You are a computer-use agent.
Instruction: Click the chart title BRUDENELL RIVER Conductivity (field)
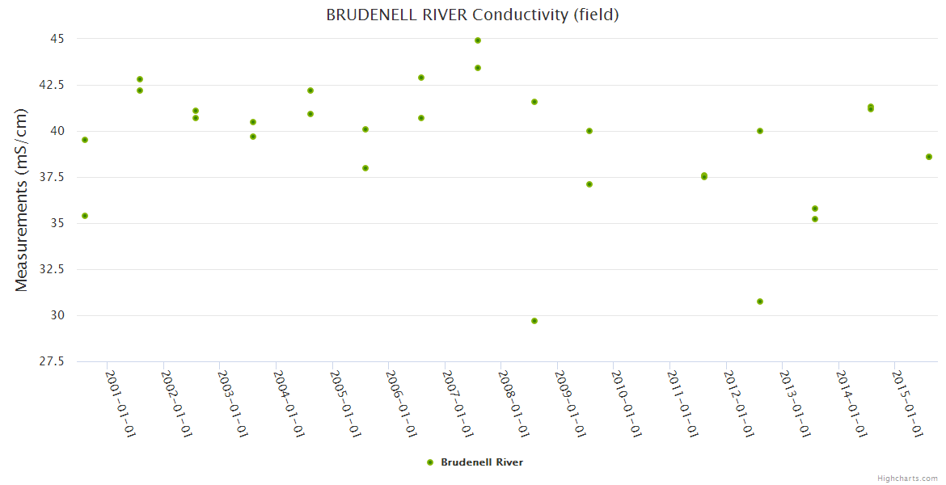point(472,15)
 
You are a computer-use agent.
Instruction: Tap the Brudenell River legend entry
point(475,462)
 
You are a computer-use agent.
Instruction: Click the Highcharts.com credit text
point(907,479)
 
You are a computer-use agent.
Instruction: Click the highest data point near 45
point(478,40)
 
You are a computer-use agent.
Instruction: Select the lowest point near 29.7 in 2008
point(534,321)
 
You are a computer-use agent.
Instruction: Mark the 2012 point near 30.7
point(760,302)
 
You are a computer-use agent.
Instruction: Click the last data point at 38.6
point(929,157)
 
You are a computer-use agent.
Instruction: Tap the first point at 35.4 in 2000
point(85,216)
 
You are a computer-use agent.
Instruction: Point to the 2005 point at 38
point(365,168)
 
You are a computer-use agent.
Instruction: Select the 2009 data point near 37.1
point(589,184)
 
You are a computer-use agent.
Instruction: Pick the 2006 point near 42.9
point(421,78)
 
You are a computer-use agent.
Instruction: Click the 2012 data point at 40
point(760,131)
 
